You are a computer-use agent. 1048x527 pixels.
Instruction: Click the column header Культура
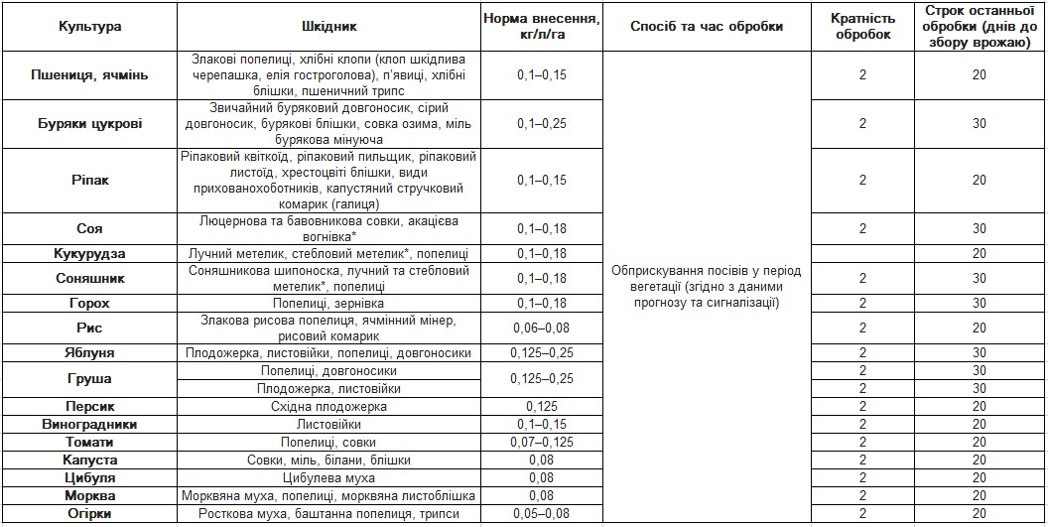pos(90,27)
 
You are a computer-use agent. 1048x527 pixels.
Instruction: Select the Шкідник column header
pos(329,27)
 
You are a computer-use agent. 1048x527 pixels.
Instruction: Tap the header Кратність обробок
pos(862,27)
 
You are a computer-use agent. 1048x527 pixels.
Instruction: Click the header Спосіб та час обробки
pos(706,27)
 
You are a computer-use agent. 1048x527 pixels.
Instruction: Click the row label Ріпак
pos(90,180)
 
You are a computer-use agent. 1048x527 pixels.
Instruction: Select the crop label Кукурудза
pos(90,253)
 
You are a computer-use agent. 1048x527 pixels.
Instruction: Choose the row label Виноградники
pos(90,424)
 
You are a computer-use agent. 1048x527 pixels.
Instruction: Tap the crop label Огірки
pos(90,513)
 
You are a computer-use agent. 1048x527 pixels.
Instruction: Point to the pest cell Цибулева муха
pos(329,477)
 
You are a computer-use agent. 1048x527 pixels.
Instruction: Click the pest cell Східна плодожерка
pos(329,406)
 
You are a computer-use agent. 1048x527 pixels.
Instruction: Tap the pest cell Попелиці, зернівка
pos(329,303)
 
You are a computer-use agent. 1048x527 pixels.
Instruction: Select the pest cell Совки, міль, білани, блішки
pos(329,460)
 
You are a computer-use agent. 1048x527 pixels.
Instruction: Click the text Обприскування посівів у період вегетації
pos(706,273)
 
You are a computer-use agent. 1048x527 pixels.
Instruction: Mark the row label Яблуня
pos(90,352)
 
